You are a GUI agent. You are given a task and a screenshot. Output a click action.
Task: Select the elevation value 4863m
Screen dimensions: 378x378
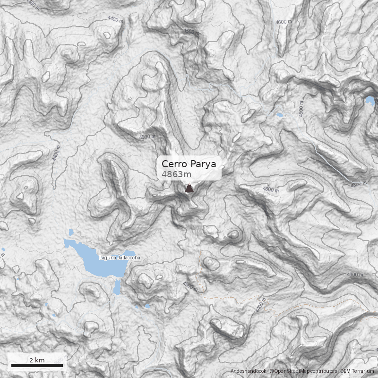click(176, 174)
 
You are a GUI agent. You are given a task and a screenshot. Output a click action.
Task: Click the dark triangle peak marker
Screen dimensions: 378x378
click(189, 189)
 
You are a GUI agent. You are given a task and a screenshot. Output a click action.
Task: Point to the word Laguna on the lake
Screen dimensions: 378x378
click(106, 258)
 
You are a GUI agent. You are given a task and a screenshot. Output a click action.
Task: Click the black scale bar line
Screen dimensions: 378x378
click(37, 365)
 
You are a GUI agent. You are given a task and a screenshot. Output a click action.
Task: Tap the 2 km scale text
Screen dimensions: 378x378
click(37, 360)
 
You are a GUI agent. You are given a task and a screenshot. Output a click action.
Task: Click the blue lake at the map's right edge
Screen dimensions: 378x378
click(369, 101)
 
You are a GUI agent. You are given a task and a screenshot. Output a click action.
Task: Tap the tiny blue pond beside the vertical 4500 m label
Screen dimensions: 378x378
click(279, 115)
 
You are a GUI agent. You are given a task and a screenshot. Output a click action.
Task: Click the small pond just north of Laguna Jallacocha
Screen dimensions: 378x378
click(71, 232)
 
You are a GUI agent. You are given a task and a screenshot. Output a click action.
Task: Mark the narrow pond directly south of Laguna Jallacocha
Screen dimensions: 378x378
click(117, 286)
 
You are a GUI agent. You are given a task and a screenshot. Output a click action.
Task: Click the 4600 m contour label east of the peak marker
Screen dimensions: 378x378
click(271, 189)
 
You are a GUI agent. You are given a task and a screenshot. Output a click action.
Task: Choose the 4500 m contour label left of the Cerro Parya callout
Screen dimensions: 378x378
click(147, 137)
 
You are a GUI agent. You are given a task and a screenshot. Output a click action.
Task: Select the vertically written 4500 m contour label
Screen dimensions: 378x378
click(301, 108)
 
